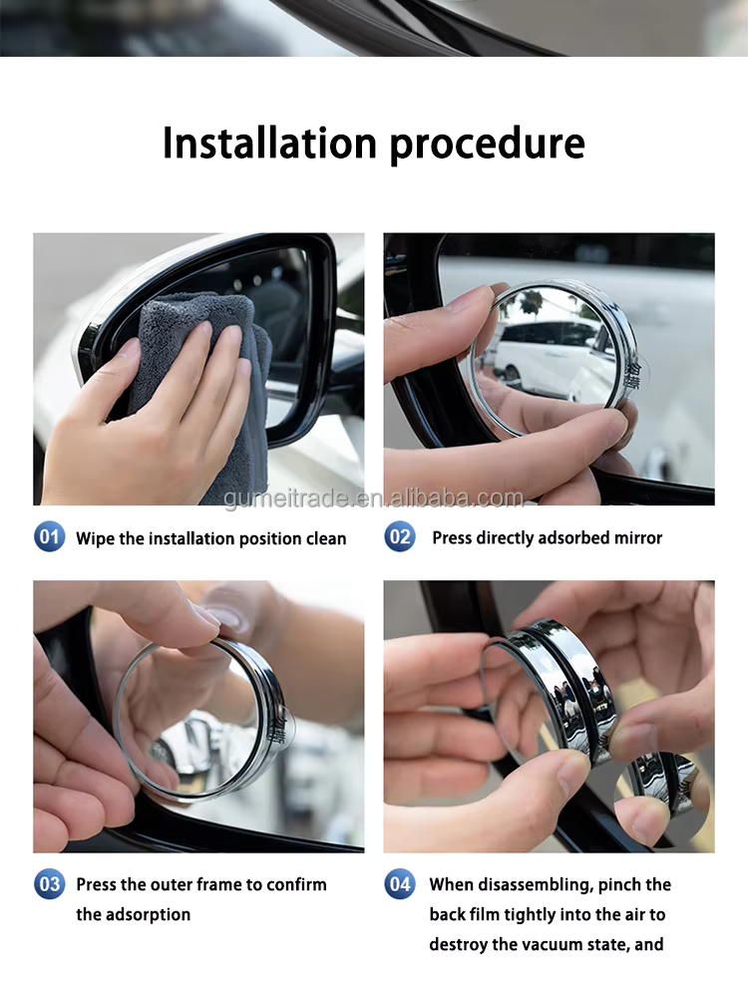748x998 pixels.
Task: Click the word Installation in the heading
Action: (270, 143)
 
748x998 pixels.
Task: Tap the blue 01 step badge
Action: (50, 536)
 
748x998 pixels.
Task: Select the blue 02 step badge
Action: (400, 536)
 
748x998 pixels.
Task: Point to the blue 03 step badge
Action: (50, 884)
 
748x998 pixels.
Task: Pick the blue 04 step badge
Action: (400, 884)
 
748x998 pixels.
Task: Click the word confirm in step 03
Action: (296, 884)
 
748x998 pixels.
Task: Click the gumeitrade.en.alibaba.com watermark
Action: (374, 498)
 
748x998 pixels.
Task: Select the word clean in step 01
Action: (326, 538)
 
